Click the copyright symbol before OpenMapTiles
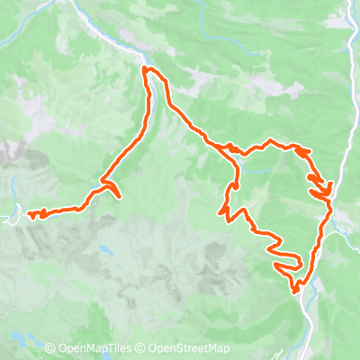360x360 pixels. click(50, 349)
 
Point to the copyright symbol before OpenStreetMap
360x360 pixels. click(141, 349)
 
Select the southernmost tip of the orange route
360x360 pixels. click(295, 291)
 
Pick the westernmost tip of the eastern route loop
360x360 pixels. click(220, 211)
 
